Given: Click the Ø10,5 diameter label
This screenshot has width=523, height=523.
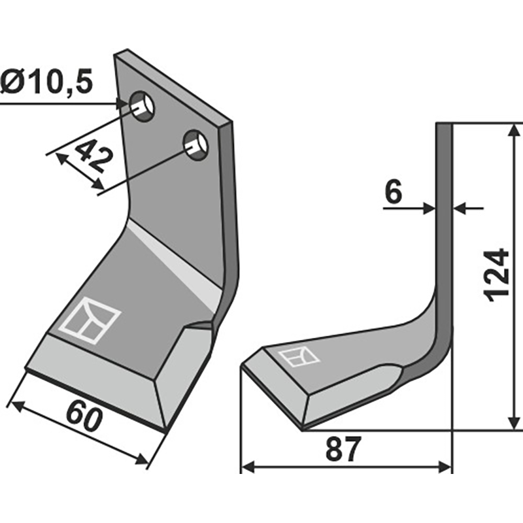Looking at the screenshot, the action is pyautogui.click(x=46, y=82).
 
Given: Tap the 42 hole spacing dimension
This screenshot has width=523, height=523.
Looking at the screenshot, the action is pyautogui.click(x=93, y=156).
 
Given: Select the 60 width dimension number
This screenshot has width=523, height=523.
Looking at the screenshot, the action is pyautogui.click(x=84, y=418).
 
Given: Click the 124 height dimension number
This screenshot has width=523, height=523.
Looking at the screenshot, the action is pyautogui.click(x=497, y=275).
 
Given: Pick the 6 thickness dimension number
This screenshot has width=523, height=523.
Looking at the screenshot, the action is pyautogui.click(x=394, y=193).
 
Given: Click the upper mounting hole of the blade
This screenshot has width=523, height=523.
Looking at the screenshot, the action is pyautogui.click(x=143, y=106).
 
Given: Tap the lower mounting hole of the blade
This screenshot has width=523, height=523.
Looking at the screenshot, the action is pyautogui.click(x=195, y=145).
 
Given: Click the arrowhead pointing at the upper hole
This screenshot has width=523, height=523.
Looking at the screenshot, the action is pyautogui.click(x=122, y=103).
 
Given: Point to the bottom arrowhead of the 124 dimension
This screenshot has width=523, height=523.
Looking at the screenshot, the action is pyautogui.click(x=514, y=423).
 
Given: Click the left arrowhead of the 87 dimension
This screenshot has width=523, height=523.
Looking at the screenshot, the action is pyautogui.click(x=248, y=467).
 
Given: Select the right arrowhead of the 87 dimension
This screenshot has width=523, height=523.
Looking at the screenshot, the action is pyautogui.click(x=445, y=467).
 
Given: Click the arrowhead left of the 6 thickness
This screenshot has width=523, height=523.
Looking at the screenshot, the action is pyautogui.click(x=429, y=209).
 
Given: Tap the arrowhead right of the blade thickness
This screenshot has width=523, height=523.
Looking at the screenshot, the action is pyautogui.click(x=460, y=209).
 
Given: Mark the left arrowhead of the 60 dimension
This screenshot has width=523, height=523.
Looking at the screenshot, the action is pyautogui.click(x=18, y=405).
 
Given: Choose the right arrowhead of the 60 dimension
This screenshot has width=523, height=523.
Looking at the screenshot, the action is pyautogui.click(x=141, y=459).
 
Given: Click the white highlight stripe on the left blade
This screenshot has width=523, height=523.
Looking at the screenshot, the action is pyautogui.click(x=173, y=263).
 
